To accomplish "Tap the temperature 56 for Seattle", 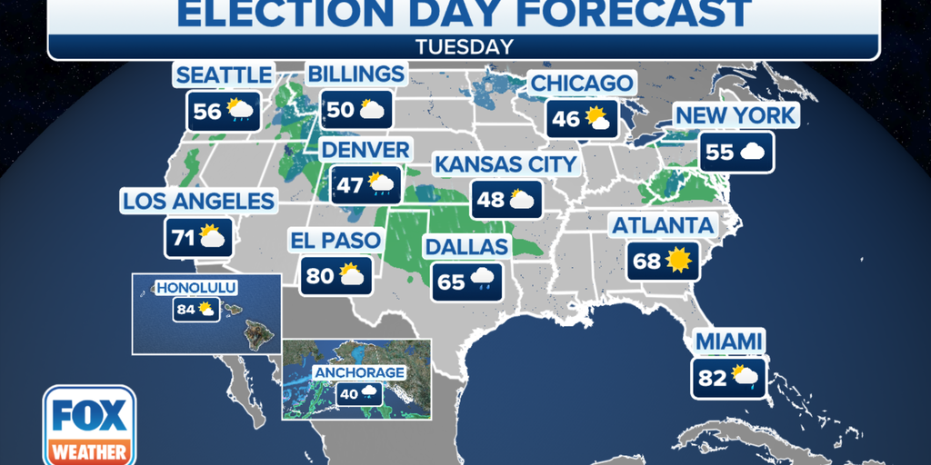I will (207, 111).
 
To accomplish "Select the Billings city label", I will (355, 74).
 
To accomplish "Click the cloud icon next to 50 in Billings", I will (373, 110).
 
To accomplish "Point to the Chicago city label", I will (582, 84).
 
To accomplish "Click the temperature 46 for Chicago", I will (565, 118).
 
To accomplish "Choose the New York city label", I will (735, 115).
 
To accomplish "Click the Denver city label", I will (365, 149).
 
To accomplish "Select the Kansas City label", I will (505, 163).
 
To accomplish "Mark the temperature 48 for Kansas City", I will (491, 199).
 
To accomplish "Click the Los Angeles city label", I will (198, 202).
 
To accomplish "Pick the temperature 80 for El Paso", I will (320, 275).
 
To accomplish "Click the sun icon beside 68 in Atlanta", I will (678, 262).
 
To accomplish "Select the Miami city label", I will (728, 341).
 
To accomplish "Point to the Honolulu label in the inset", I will (196, 288).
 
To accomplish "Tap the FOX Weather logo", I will (89, 425).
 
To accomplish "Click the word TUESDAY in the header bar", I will (464, 45).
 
